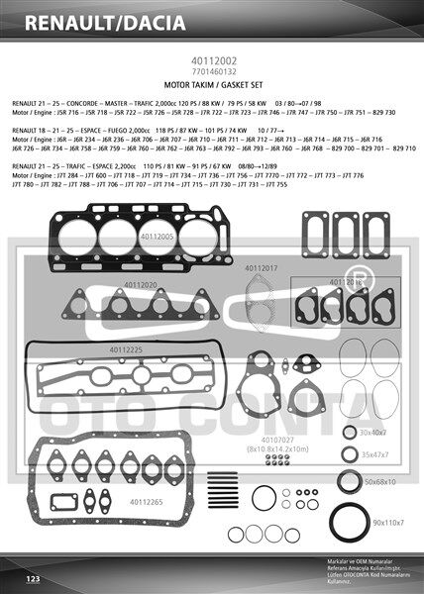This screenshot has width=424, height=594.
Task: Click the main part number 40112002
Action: tap(211, 61)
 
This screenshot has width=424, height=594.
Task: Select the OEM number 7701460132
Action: tap(211, 72)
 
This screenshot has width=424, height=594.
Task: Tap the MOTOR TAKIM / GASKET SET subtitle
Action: tap(211, 85)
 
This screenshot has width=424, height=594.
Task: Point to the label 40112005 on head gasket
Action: tap(157, 237)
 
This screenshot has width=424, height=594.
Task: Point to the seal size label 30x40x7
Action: tap(373, 433)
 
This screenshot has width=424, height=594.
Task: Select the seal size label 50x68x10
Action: tap(378, 481)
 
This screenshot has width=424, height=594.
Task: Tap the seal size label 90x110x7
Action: tap(387, 522)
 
